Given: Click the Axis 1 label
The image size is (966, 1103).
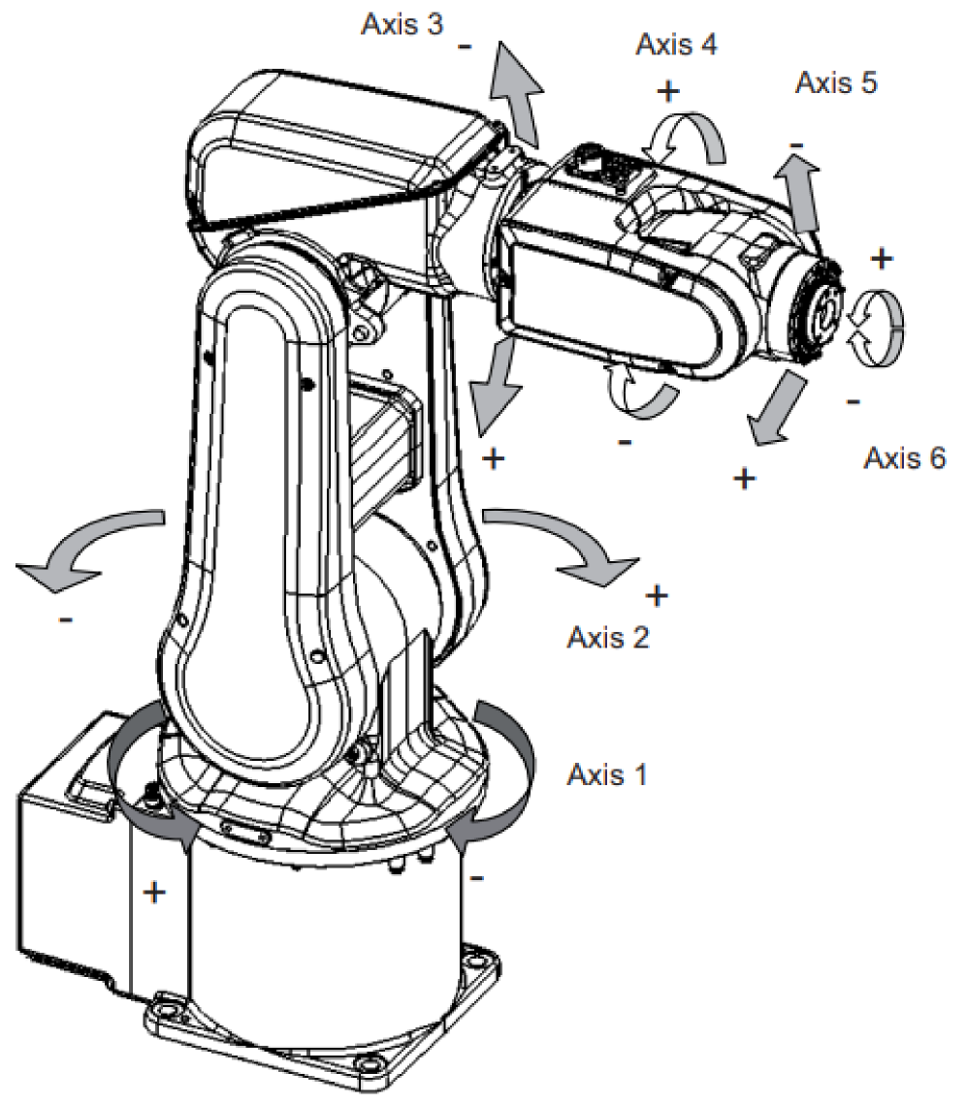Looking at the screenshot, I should pyautogui.click(x=606, y=774).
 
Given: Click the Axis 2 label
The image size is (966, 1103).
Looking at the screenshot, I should pyautogui.click(x=606, y=637).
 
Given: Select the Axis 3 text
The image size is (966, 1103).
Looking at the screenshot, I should pyautogui.click(x=402, y=24).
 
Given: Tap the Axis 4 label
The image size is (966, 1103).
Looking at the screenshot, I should pyautogui.click(x=677, y=45).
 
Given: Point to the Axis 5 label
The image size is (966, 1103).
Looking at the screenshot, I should pyautogui.click(x=836, y=82).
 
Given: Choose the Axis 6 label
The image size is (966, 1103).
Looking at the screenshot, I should pyautogui.click(x=904, y=457).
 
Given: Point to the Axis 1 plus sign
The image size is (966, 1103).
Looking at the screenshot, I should pyautogui.click(x=153, y=892).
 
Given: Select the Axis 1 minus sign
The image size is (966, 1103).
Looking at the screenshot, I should pyautogui.click(x=478, y=877).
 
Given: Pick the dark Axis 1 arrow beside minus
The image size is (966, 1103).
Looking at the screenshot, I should pyautogui.click(x=499, y=775).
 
